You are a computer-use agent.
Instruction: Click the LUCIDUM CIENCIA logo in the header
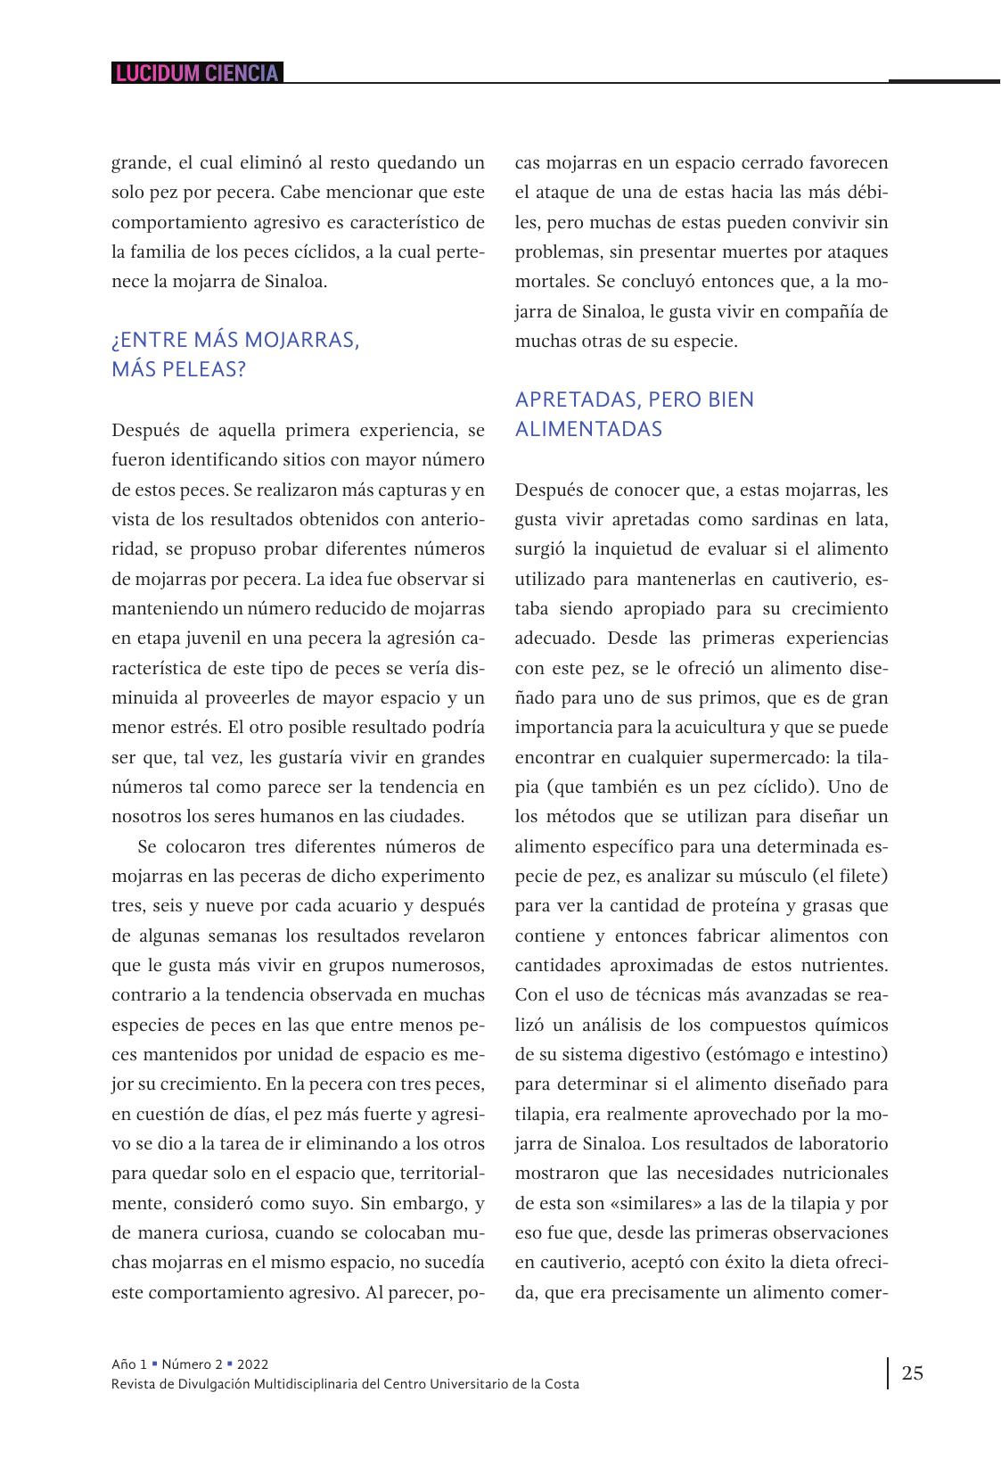197,73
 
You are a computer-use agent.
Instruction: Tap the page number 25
912,1372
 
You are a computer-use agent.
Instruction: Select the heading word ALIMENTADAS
588,429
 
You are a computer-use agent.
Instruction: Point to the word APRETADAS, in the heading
577,400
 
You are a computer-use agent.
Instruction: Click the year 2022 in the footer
252,1364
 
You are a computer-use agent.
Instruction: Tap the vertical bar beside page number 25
888,1373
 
